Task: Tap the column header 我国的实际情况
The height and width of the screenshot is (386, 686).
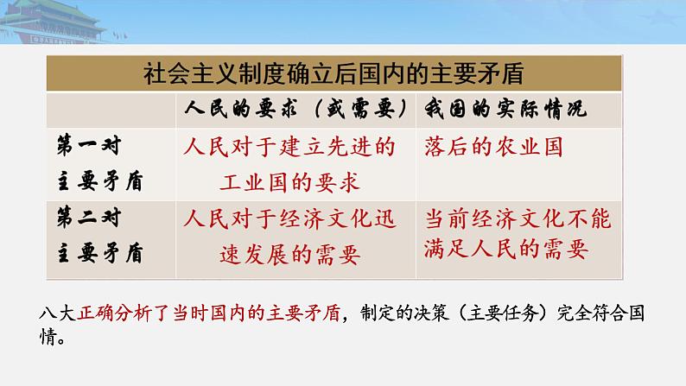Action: pyautogui.click(x=505, y=111)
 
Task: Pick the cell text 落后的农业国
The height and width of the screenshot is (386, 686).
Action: pyautogui.click(x=493, y=147)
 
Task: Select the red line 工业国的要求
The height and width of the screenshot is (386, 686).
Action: pyautogui.click(x=289, y=182)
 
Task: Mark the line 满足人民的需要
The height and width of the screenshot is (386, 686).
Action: pyautogui.click(x=505, y=250)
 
